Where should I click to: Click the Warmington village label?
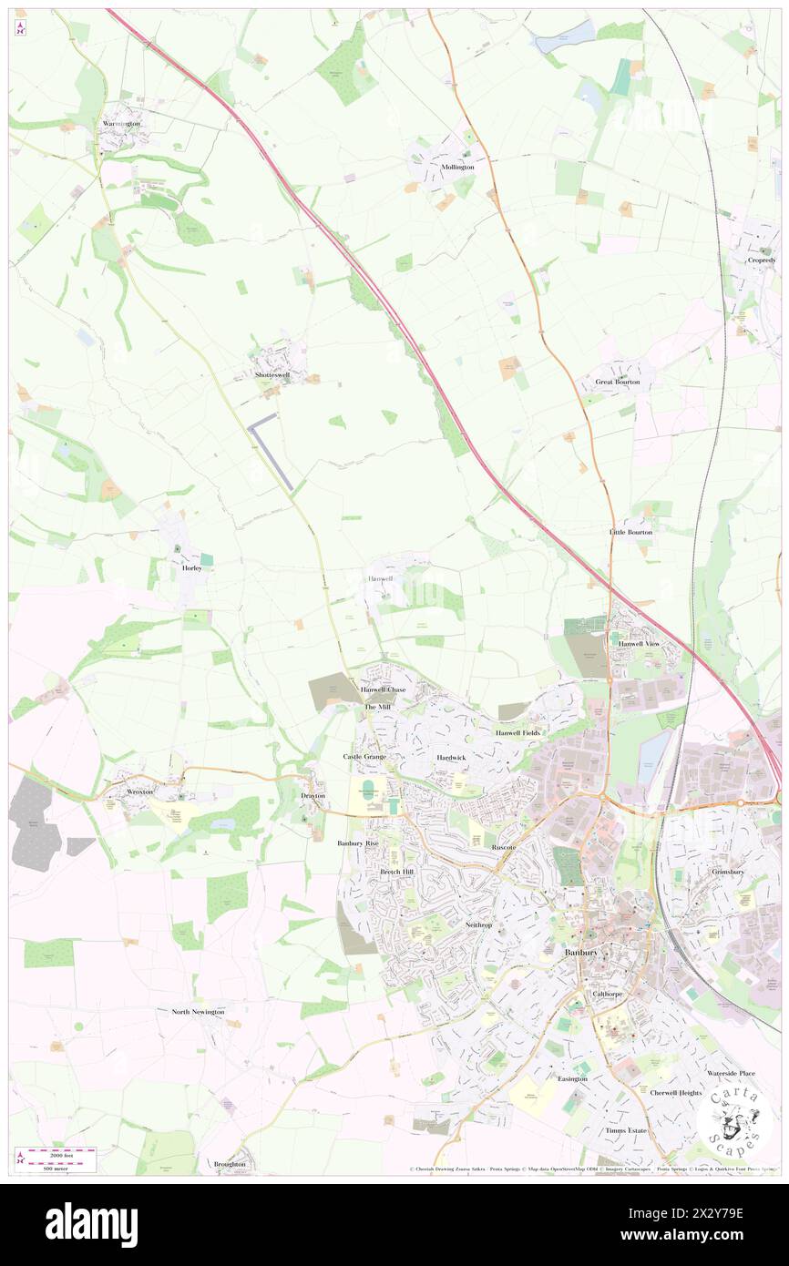click(x=121, y=123)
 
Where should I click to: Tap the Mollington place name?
click(x=457, y=168)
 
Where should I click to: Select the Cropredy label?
click(x=762, y=260)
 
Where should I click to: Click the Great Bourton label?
click(x=618, y=382)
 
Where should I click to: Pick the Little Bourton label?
click(x=630, y=531)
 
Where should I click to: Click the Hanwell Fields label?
click(x=517, y=732)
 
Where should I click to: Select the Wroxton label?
click(x=139, y=792)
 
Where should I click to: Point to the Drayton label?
click(x=313, y=795)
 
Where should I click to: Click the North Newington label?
click(x=198, y=1011)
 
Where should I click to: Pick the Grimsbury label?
click(x=728, y=871)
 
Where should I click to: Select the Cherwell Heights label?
click(x=675, y=1092)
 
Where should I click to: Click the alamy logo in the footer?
click(x=91, y=1224)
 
